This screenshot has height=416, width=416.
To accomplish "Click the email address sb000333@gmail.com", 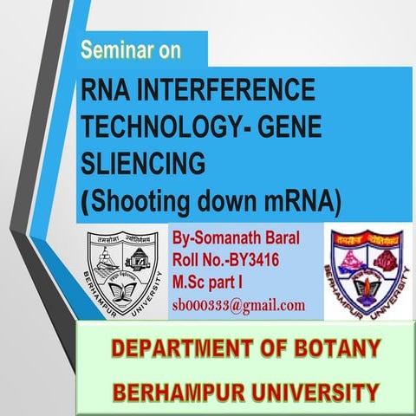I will [x=238, y=304].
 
